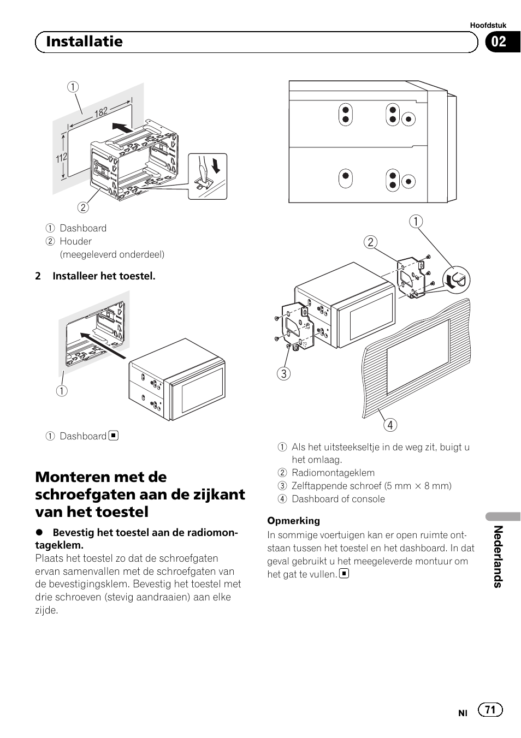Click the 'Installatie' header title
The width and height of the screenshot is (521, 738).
point(84,41)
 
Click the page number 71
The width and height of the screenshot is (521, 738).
point(490,710)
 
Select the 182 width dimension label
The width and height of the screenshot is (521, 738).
point(101,112)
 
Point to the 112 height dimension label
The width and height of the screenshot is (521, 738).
point(61,158)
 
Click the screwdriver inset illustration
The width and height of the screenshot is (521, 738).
point(207,176)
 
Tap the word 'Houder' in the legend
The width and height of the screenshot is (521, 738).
point(75,241)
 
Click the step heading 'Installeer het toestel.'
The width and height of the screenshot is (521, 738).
point(104,276)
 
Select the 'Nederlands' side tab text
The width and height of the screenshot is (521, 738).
point(497,556)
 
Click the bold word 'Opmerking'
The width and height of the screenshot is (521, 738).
point(293,521)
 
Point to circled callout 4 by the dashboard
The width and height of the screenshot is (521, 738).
point(390,425)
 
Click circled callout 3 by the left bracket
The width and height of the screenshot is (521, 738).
point(283,373)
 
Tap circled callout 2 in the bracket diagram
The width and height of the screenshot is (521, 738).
point(371,242)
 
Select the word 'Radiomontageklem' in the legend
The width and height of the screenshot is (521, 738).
point(333,473)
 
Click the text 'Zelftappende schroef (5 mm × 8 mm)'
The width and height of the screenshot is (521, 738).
point(371,486)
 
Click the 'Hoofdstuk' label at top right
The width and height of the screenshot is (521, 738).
point(488,25)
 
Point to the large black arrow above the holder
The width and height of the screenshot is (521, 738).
point(122,128)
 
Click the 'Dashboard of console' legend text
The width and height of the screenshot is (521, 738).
point(338,499)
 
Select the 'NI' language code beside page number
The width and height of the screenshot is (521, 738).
point(463,713)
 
